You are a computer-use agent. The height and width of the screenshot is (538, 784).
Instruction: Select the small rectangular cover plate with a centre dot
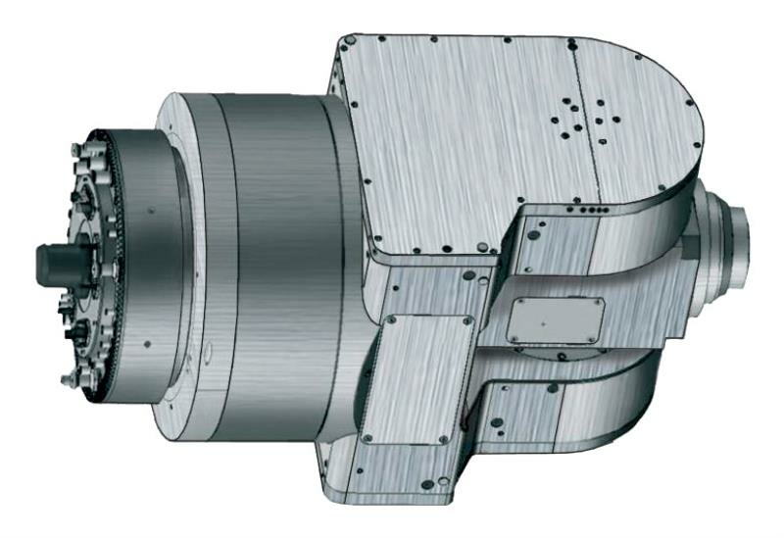click(x=555, y=319)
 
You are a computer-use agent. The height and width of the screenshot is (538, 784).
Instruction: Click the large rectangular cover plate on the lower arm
click(x=418, y=377)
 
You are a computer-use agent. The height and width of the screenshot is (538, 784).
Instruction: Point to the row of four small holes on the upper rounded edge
click(x=579, y=209)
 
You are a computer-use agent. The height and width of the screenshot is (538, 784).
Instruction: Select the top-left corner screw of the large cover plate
click(x=391, y=319)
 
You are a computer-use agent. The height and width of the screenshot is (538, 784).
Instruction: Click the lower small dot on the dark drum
click(x=145, y=343)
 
